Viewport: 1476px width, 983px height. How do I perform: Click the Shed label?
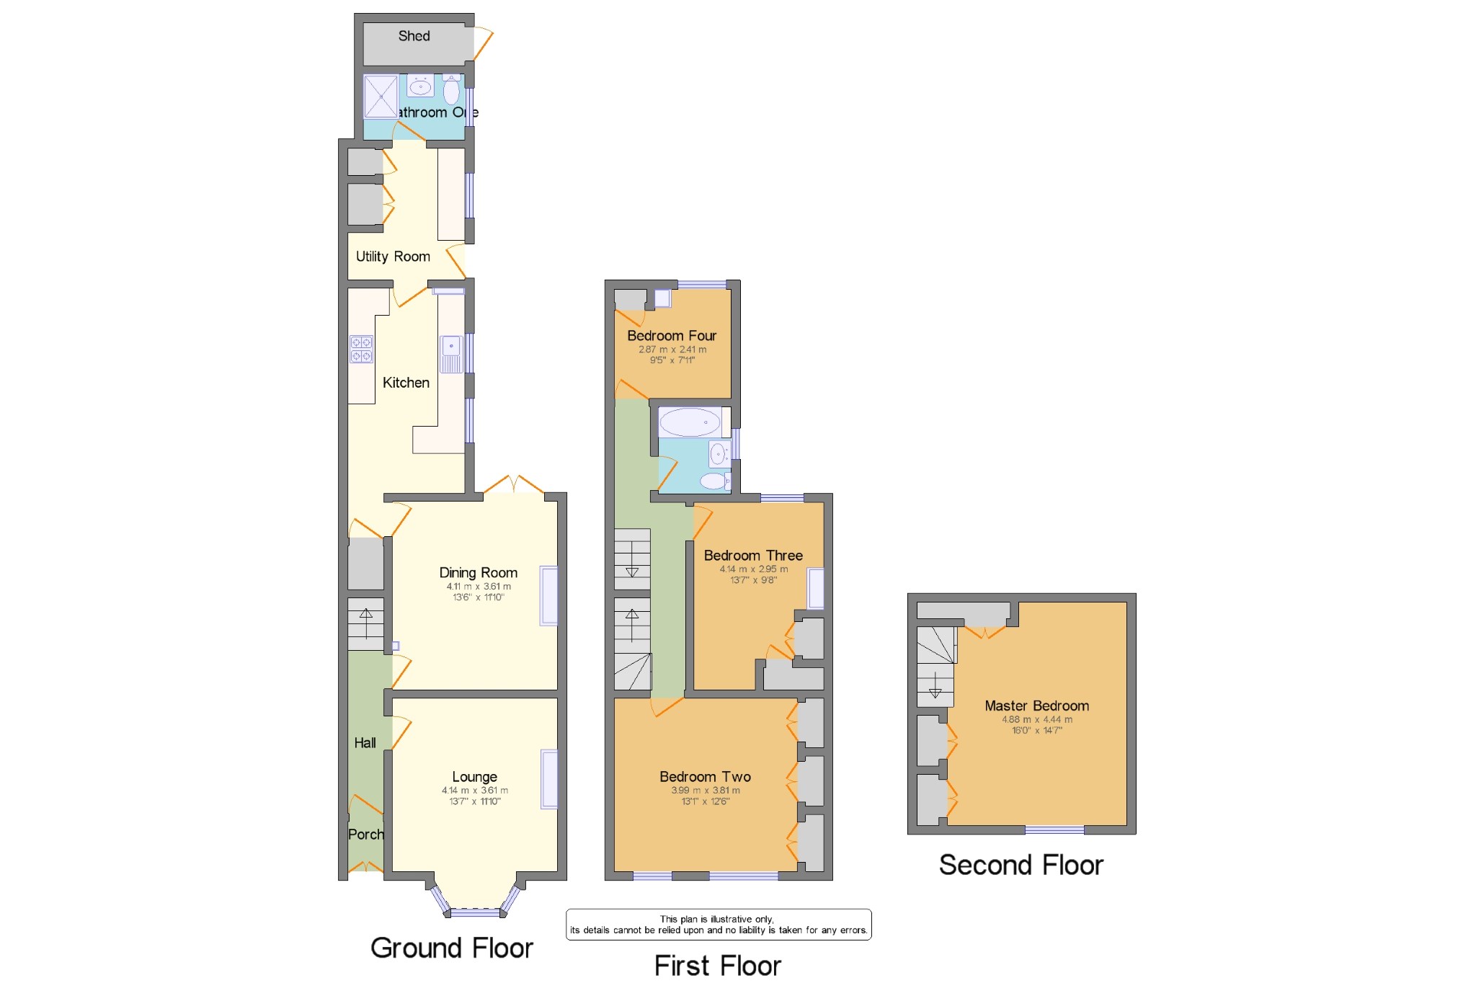point(414,36)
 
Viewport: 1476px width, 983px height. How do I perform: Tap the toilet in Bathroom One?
point(451,91)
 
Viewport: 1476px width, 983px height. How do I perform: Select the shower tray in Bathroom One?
point(381,97)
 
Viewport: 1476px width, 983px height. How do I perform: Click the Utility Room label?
point(393,257)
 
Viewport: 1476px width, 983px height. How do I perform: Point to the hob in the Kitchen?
point(361,350)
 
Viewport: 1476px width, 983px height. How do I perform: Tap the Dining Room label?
point(478,573)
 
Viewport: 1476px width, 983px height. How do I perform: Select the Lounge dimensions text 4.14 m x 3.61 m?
point(474,791)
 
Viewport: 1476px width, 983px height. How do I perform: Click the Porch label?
point(365,835)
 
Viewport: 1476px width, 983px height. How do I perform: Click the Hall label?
point(365,743)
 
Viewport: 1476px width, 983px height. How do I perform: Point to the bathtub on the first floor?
point(690,422)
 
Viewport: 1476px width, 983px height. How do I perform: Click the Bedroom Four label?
point(671,336)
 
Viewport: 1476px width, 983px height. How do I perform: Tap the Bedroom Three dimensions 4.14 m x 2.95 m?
point(753,569)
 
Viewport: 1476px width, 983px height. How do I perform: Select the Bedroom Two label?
point(705,777)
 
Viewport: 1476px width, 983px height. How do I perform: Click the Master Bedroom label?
point(1036,706)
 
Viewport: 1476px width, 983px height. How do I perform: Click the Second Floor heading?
point(1021,865)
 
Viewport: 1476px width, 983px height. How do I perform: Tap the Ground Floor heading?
point(451,948)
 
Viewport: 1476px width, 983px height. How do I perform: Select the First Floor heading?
point(717,966)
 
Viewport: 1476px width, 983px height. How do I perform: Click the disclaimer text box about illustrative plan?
point(718,925)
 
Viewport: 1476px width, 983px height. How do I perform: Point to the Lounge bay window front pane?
point(475,913)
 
